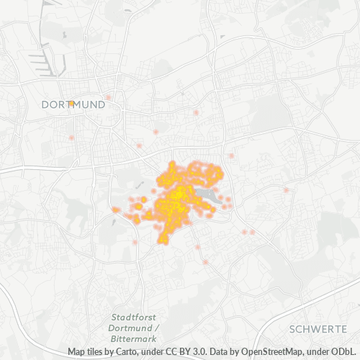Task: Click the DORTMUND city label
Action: point(73,104)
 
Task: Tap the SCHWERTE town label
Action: point(318,328)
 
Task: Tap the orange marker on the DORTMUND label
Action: point(71,104)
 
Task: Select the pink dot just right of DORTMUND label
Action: point(109,97)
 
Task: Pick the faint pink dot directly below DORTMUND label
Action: point(71,137)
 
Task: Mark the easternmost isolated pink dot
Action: point(287,189)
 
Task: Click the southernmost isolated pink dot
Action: point(205,262)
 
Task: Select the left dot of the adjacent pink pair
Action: point(243,232)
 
